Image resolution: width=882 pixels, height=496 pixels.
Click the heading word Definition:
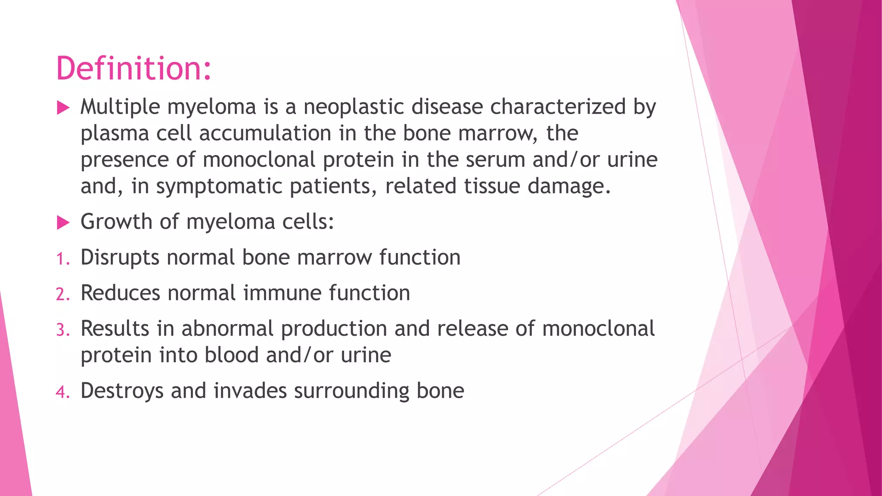coord(134,68)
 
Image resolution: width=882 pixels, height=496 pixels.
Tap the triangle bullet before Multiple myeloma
coord(63,108)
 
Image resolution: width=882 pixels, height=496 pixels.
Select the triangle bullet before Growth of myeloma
coord(63,223)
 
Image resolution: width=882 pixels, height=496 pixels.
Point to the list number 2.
coord(62,294)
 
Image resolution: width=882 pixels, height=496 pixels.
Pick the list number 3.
coord(62,330)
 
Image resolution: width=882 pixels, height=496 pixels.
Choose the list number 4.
coord(62,392)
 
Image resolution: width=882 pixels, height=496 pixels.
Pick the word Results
coord(115,329)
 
